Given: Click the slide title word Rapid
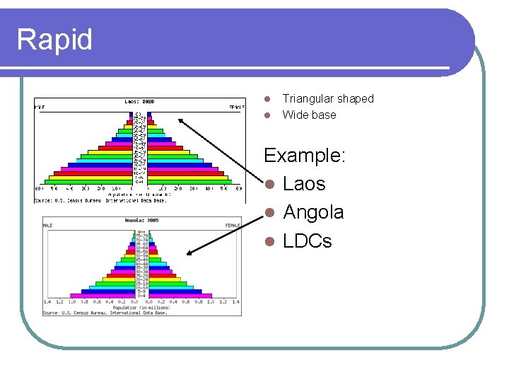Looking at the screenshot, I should [x=54, y=40].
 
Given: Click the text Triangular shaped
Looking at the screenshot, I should [x=327, y=99].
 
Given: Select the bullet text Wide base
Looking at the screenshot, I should [x=309, y=115].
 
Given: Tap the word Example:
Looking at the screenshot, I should [x=305, y=155].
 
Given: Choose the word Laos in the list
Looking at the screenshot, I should [x=304, y=184].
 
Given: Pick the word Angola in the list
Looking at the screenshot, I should [x=313, y=212].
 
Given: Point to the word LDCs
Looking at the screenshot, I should [x=307, y=241].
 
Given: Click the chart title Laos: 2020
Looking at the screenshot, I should [x=141, y=102].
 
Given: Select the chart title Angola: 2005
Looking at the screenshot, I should [x=142, y=221].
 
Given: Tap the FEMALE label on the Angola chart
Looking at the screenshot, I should [x=233, y=226].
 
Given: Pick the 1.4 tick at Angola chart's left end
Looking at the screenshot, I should [x=47, y=301].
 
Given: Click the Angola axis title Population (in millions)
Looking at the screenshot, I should [x=141, y=308].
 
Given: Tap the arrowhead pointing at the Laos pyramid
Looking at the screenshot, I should [x=180, y=120].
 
